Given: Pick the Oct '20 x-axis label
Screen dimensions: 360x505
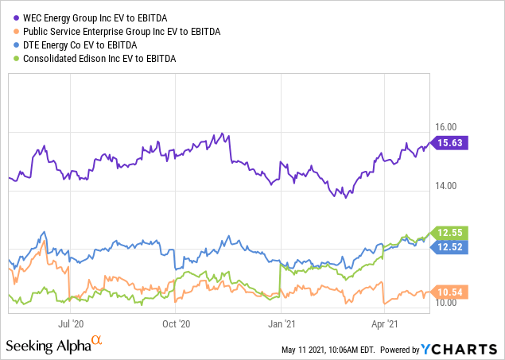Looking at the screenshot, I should (175, 323).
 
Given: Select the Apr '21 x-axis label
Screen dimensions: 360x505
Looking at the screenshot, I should (386, 323).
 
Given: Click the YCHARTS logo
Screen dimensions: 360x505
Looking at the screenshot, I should (464, 350).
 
